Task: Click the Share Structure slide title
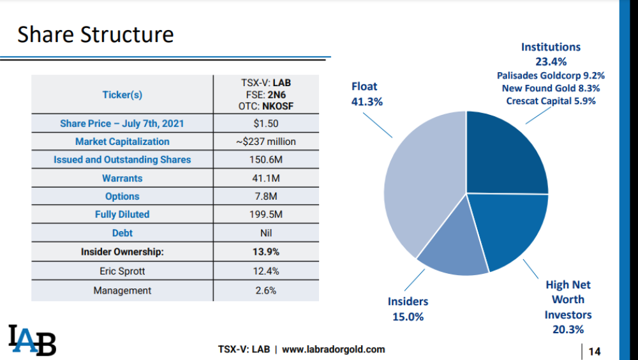pos(96,34)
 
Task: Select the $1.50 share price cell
pos(265,123)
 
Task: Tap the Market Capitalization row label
pos(122,142)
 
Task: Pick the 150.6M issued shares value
pos(265,160)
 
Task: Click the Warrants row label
pos(122,178)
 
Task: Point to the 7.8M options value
pos(265,197)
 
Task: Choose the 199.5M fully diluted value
pos(265,214)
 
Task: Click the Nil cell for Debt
pos(265,233)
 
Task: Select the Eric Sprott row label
pos(122,271)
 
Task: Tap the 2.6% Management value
pos(265,290)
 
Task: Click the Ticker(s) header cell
pos(122,94)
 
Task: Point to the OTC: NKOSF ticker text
pos(265,106)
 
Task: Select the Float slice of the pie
pos(421,185)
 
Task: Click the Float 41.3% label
pos(367,94)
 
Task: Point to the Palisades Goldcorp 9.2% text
pos(551,75)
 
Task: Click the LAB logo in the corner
pos(32,340)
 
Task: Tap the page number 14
pos(595,351)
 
